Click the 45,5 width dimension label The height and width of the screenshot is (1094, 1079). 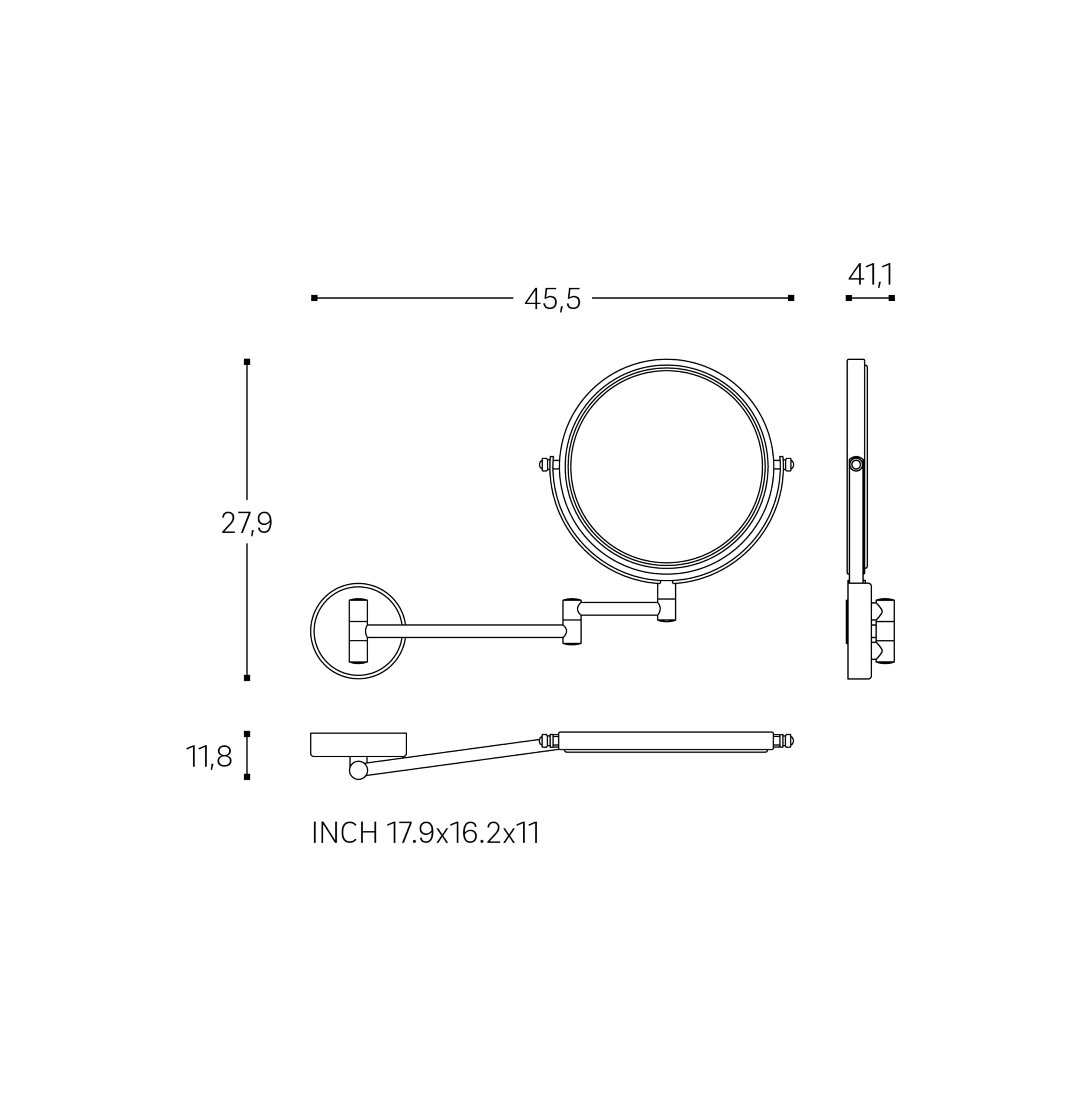tap(552, 299)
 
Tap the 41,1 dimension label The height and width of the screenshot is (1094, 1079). tap(870, 275)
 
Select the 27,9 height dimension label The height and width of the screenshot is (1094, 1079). tap(247, 523)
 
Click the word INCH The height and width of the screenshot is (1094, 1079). tap(345, 833)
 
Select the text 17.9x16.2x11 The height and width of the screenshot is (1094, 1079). tap(463, 833)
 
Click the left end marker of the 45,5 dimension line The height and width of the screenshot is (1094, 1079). tap(314, 298)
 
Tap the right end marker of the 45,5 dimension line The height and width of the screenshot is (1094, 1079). tap(791, 298)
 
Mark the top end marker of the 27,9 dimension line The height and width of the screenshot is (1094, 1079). tap(247, 361)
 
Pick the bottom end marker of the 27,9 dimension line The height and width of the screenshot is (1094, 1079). tap(247, 678)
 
